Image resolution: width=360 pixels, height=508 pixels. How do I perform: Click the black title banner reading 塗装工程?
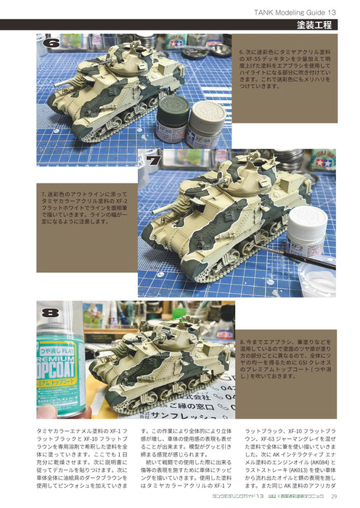click(314, 25)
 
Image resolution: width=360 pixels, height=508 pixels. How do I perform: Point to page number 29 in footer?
click(333, 496)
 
